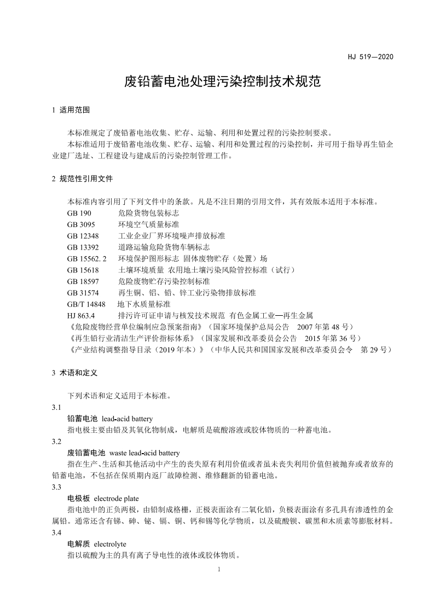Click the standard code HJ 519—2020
coord(371,56)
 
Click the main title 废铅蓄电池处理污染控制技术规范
coord(222,83)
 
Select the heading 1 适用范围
coord(71,109)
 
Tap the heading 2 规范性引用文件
coord(82,178)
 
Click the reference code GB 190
coord(79,213)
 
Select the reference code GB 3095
coord(82,224)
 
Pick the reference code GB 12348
coord(83,236)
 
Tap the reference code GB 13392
coord(83,247)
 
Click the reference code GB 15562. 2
coord(87,258)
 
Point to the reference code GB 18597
coord(83,281)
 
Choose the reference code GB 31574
coord(83,293)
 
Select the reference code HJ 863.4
coord(82,315)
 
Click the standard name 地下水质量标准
coord(144,304)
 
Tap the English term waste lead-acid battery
coord(144,453)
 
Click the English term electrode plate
coord(117,499)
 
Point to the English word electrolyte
coord(110,544)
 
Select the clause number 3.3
coord(56,487)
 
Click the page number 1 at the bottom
coord(218,570)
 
